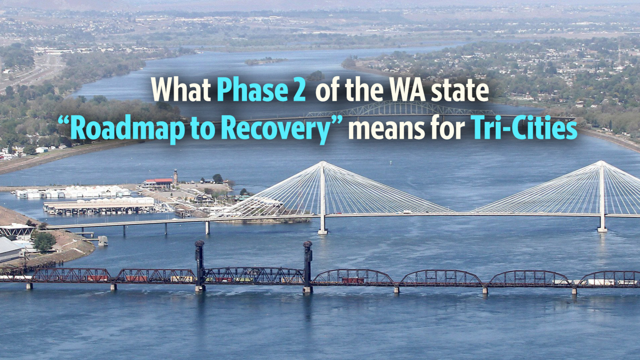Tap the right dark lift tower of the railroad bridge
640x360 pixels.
point(307,265)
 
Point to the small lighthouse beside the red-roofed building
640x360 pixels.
point(175,176)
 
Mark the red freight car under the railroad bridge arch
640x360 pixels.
point(353,280)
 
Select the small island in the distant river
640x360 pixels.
point(265,61)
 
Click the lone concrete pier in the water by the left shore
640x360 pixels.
point(102,240)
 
